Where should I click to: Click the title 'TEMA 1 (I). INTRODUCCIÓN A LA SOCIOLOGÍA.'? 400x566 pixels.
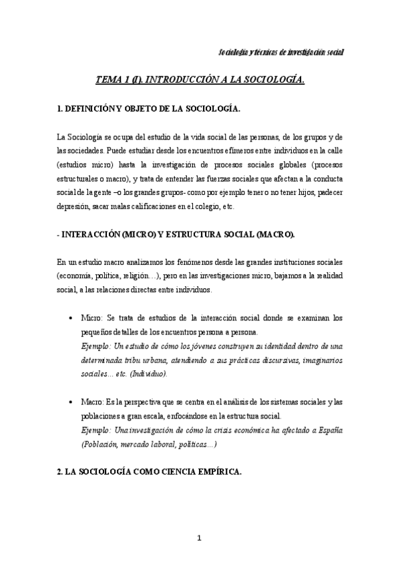tap(200, 79)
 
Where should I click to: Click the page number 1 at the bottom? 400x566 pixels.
tap(200, 538)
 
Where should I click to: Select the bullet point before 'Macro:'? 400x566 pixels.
tap(71, 402)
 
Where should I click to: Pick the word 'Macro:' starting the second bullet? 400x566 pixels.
tap(91, 402)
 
